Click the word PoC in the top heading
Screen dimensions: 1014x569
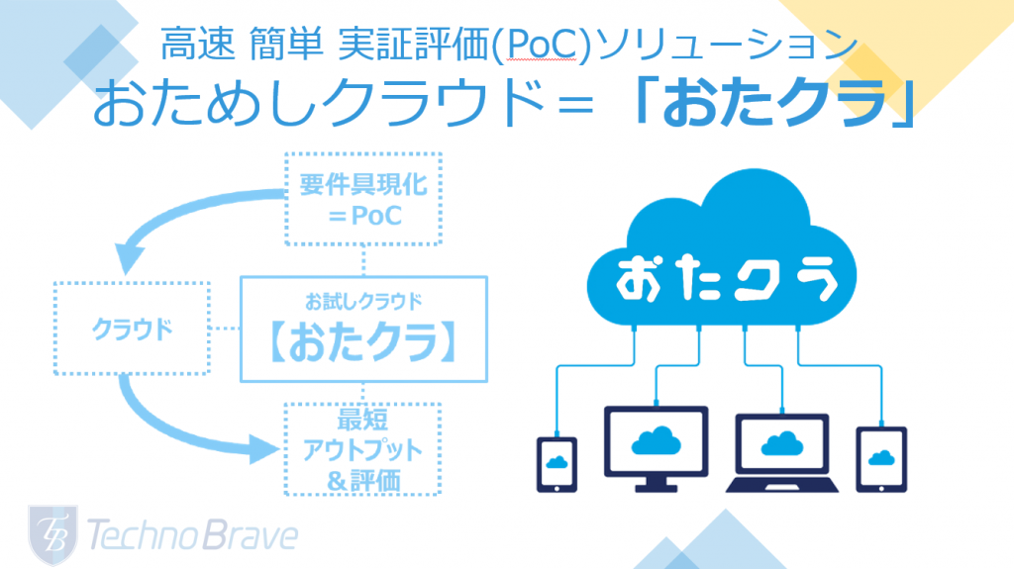tap(541, 46)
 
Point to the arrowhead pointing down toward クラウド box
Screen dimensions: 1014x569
tap(129, 257)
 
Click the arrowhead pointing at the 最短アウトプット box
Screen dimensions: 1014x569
tap(263, 448)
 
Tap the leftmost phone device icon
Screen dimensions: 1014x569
tap(557, 464)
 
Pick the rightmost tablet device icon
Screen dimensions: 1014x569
tap(881, 460)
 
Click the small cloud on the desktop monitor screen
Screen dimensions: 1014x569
tap(656, 441)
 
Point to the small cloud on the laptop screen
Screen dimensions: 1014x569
tap(782, 443)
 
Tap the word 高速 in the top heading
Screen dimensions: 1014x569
tap(197, 45)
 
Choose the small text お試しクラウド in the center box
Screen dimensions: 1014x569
tap(363, 301)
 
